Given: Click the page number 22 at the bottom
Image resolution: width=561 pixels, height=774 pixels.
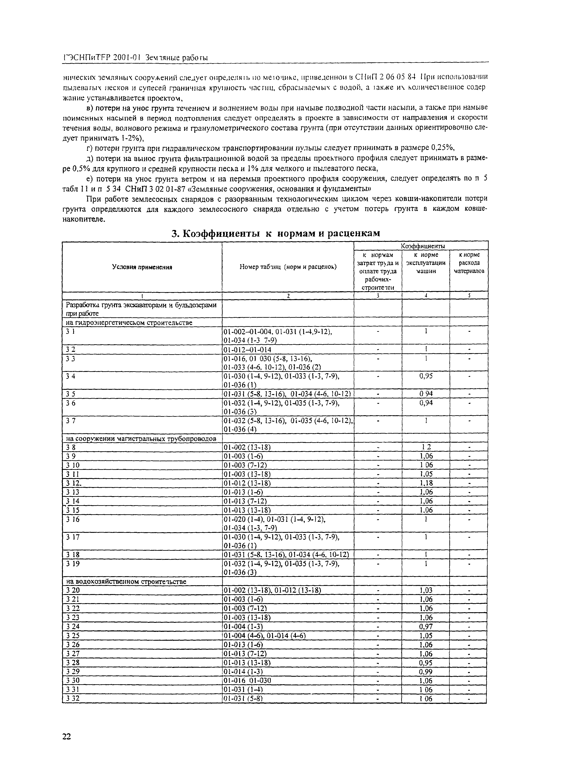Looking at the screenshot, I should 67,736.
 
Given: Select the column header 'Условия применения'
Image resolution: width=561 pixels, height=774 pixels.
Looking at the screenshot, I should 142,267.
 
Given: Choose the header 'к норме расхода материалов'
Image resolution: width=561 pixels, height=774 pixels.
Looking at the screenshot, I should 469,263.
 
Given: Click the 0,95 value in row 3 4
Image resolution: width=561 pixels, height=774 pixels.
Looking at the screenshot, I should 426,376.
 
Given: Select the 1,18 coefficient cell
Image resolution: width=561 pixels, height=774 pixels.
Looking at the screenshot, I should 426,483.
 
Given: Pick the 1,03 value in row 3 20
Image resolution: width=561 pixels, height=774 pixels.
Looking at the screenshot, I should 426,590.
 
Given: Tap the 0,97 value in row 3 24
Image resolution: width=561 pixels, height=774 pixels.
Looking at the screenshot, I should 426,626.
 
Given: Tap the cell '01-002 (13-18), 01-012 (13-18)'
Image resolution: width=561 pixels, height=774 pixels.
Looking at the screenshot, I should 272,590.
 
